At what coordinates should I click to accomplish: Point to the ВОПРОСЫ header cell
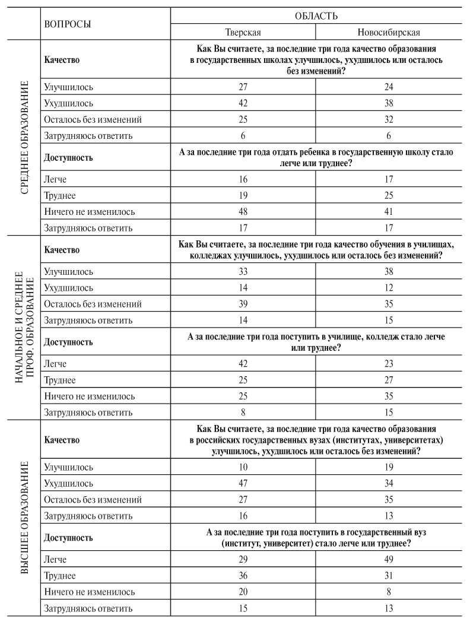click(x=68, y=24)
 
